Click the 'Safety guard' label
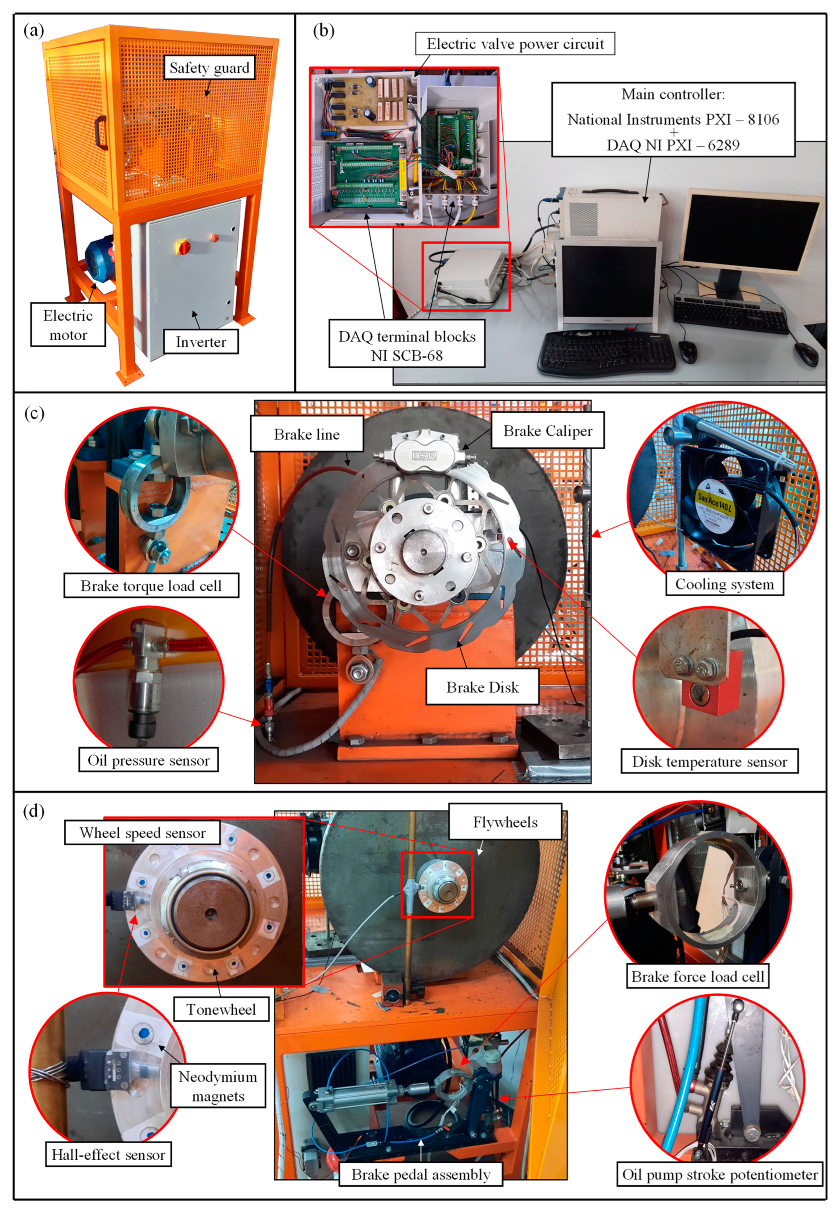coord(209,68)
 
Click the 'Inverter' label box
coord(200,342)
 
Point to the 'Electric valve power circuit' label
coord(515,44)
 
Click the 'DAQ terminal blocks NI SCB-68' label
coord(406,346)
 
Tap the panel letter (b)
coord(323,31)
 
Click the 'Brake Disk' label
coord(482,687)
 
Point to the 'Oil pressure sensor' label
coord(149,760)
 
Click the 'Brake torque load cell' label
coord(151,586)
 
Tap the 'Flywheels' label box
coord(505,822)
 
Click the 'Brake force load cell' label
coord(697,977)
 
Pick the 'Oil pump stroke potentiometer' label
coord(720,1174)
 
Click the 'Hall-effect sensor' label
coord(109,1154)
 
